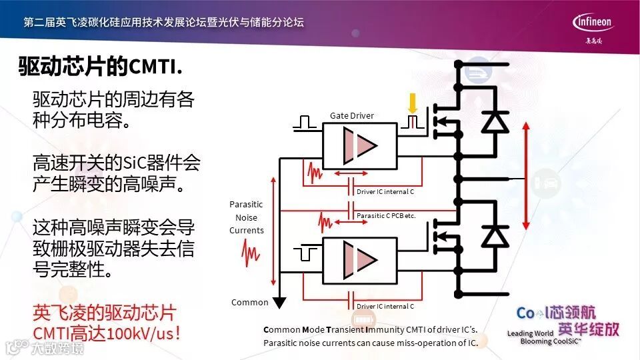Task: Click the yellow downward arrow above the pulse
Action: [x=413, y=103]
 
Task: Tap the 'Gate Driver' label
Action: [x=352, y=115]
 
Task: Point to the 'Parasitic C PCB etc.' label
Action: [x=395, y=216]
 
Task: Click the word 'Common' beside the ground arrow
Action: [x=249, y=302]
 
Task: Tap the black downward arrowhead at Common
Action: [x=280, y=302]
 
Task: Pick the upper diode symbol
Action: [x=494, y=121]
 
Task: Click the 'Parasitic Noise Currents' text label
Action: [x=247, y=217]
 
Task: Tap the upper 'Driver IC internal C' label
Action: [x=385, y=192]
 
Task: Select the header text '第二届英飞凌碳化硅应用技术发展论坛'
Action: [x=163, y=22]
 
